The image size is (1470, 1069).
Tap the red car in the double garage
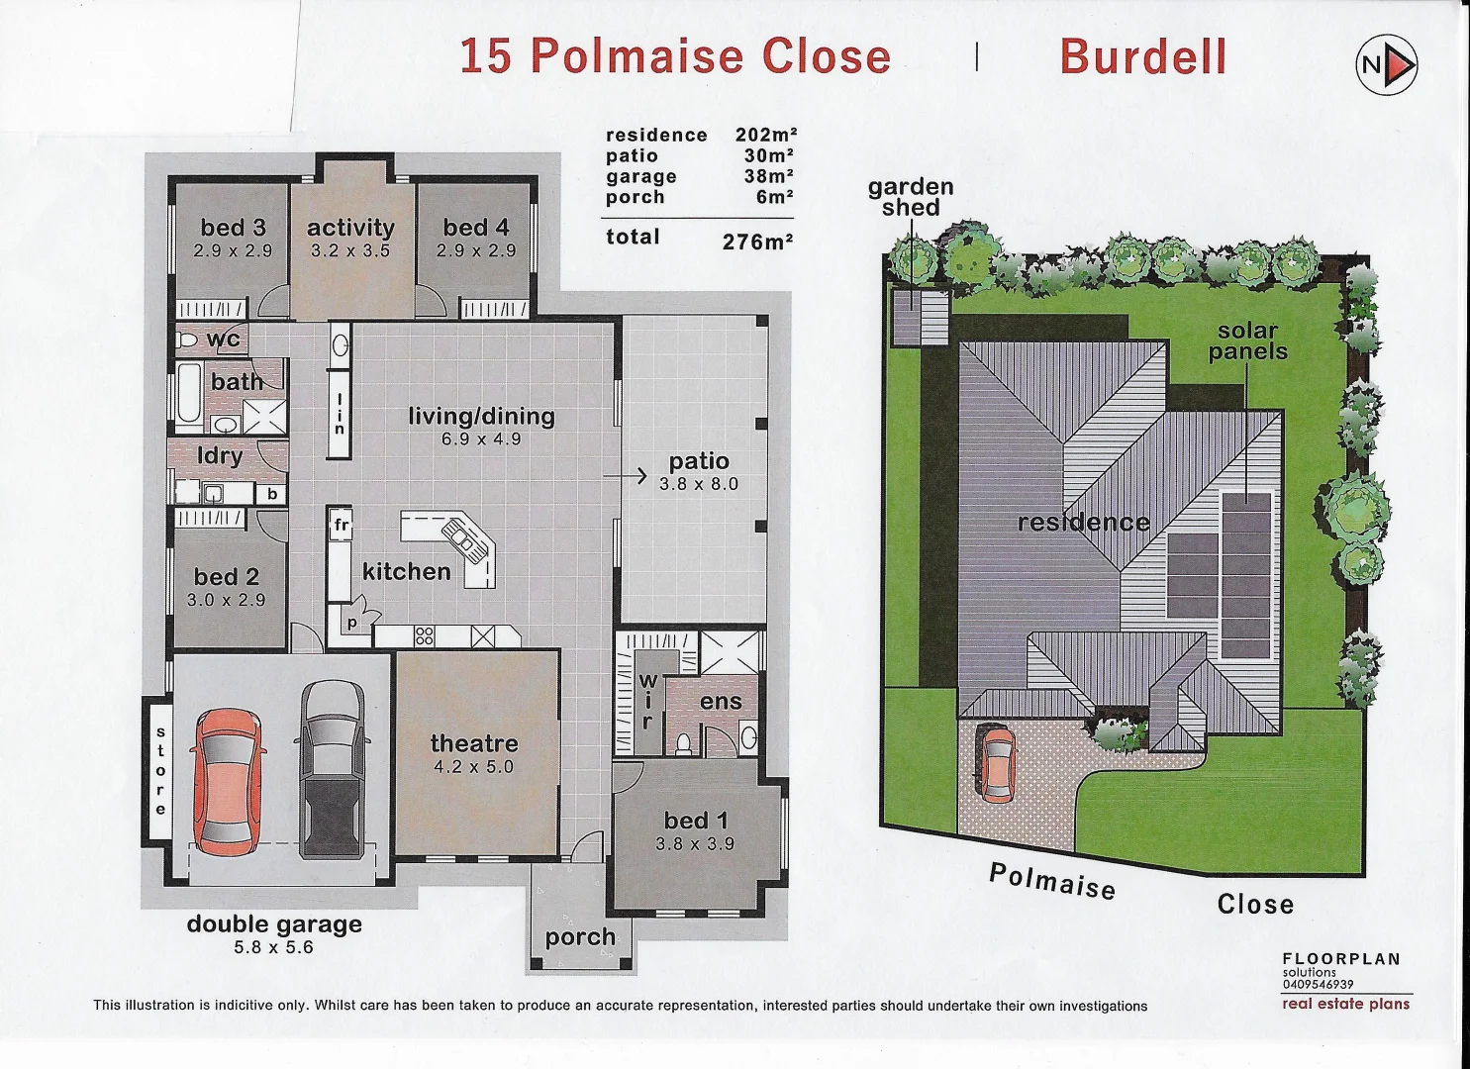point(228,782)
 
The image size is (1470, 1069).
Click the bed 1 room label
point(695,821)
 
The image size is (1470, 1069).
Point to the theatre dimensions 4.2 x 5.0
point(473,767)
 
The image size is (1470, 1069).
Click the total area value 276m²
point(757,242)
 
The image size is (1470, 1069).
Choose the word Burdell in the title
point(1143,56)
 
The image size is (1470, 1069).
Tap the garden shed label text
point(911,197)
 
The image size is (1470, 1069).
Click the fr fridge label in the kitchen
point(342,525)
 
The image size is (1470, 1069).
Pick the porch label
point(580,936)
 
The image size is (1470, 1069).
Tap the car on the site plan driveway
point(995,762)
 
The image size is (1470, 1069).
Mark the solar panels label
point(1247,341)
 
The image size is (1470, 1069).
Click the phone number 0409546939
point(1318,985)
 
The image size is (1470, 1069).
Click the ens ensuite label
point(721,702)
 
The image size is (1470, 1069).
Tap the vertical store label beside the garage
point(160,771)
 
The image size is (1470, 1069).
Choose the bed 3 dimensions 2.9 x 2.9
point(233,251)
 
